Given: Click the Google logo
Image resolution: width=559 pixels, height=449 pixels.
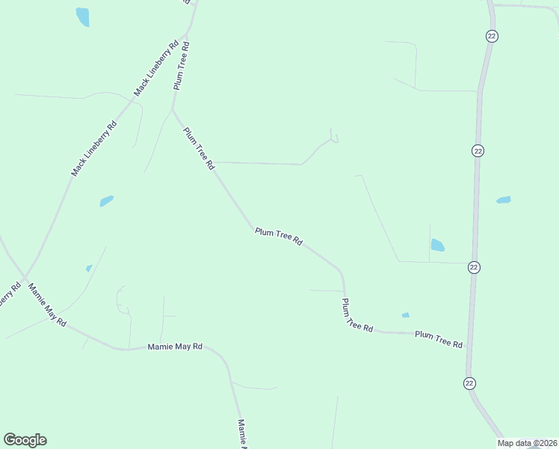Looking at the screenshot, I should [25, 440].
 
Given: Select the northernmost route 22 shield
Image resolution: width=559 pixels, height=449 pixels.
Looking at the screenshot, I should [491, 36].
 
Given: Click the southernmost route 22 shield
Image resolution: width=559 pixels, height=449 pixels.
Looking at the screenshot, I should [469, 383].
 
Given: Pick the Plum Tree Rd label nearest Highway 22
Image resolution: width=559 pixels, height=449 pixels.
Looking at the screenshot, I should [439, 338].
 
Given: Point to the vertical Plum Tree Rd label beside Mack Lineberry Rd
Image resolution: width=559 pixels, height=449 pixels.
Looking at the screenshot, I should [182, 66].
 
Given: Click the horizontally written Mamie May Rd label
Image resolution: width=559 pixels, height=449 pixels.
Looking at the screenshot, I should [175, 346].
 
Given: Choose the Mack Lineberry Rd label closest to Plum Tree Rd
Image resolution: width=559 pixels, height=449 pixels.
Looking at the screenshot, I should [156, 68].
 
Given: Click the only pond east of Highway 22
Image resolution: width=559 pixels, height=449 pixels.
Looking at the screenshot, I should [504, 200].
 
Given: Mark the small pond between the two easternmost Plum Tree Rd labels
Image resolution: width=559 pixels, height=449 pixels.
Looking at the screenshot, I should [406, 315].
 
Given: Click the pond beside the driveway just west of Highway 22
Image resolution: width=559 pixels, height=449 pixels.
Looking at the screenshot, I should [438, 245].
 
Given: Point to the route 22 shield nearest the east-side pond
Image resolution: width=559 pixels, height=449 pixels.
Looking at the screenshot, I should [478, 150].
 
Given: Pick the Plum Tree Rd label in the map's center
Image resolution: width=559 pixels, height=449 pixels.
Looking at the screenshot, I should [278, 236].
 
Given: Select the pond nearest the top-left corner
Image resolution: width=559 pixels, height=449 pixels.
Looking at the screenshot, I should [82, 16].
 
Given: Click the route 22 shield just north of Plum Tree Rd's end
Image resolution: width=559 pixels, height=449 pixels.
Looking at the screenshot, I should [474, 267].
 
